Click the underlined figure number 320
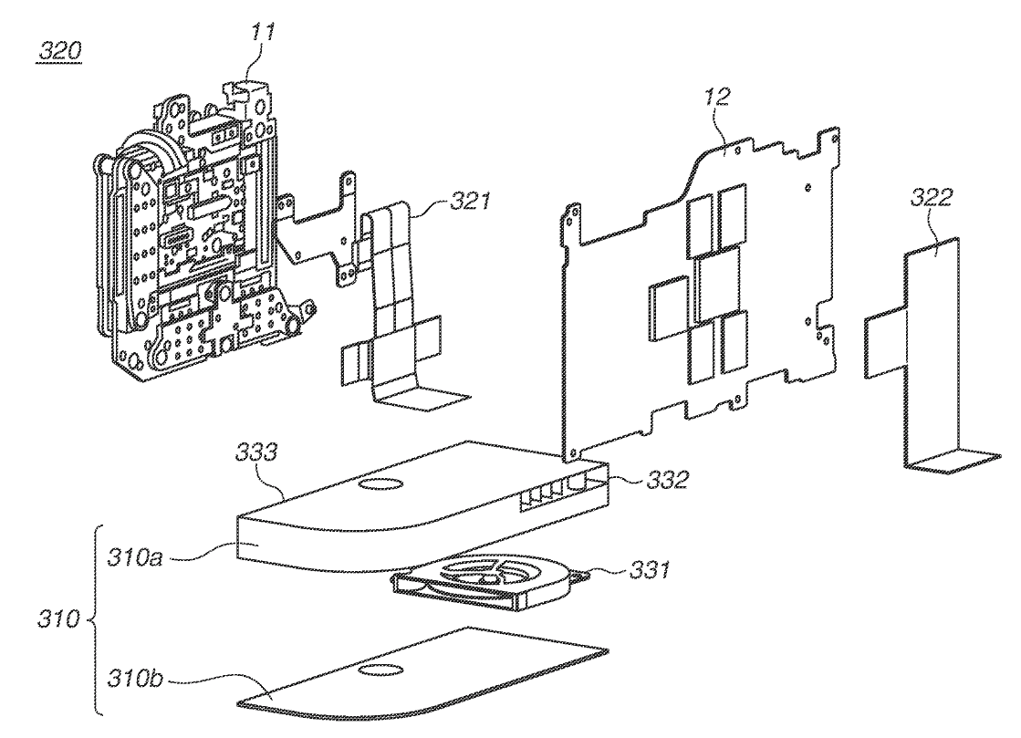click(59, 51)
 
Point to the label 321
click(470, 201)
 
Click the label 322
click(932, 196)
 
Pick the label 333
click(256, 452)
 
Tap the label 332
click(667, 480)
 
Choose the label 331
click(649, 570)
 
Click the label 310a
click(135, 557)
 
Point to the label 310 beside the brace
click(58, 618)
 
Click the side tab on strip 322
click(886, 344)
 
